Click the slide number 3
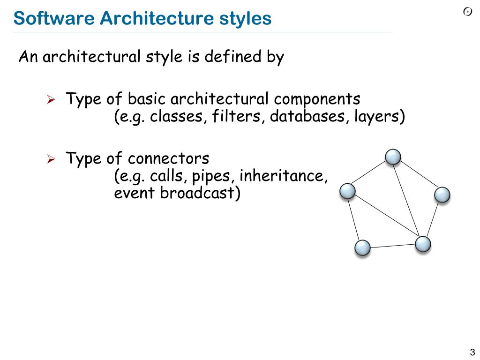(472, 352)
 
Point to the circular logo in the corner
(468, 12)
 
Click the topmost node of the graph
(393, 157)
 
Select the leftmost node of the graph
(347, 191)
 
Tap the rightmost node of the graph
(442, 195)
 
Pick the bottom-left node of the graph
(363, 247)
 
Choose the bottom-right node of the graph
(423, 244)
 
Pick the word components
(317, 99)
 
